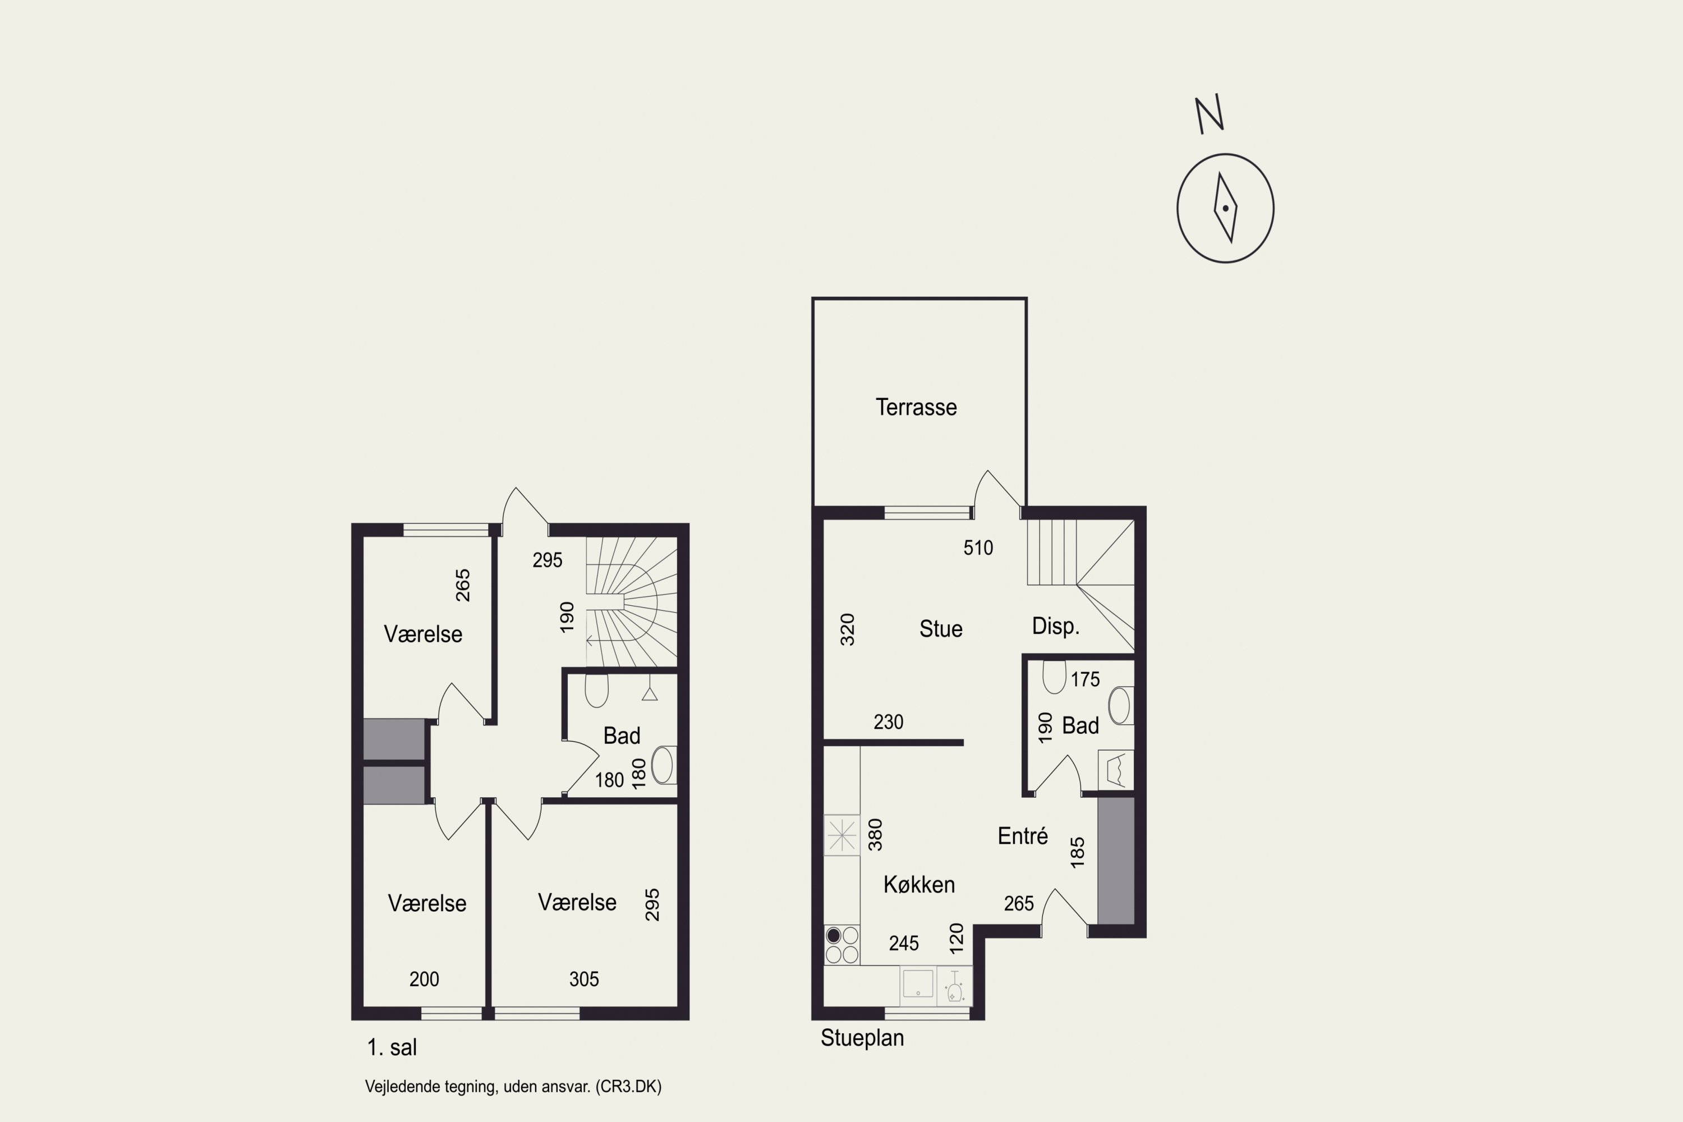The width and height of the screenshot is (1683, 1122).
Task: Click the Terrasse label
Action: click(916, 407)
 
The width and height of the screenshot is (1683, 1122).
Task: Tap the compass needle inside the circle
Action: click(1225, 208)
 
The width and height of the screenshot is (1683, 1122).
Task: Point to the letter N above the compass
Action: click(1210, 114)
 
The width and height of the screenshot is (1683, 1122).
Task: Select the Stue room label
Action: click(940, 629)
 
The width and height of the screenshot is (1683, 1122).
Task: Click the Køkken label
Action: click(919, 885)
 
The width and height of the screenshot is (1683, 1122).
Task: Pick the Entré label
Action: click(1023, 836)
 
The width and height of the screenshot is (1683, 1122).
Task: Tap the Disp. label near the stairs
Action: click(1055, 627)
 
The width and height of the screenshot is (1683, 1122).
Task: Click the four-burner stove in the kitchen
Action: click(842, 945)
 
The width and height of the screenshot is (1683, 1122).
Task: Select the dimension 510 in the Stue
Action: click(978, 548)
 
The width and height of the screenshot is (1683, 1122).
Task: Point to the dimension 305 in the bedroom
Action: click(584, 980)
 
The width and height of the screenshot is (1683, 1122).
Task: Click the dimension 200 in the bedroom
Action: click(424, 980)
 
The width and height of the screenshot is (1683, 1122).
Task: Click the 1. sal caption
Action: click(392, 1047)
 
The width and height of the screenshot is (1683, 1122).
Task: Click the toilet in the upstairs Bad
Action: click(597, 691)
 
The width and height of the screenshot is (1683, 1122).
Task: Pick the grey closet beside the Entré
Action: click(1116, 861)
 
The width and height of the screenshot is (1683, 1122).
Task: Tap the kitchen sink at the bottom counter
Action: click(917, 983)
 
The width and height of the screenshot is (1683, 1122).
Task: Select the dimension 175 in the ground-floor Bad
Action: click(1086, 679)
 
